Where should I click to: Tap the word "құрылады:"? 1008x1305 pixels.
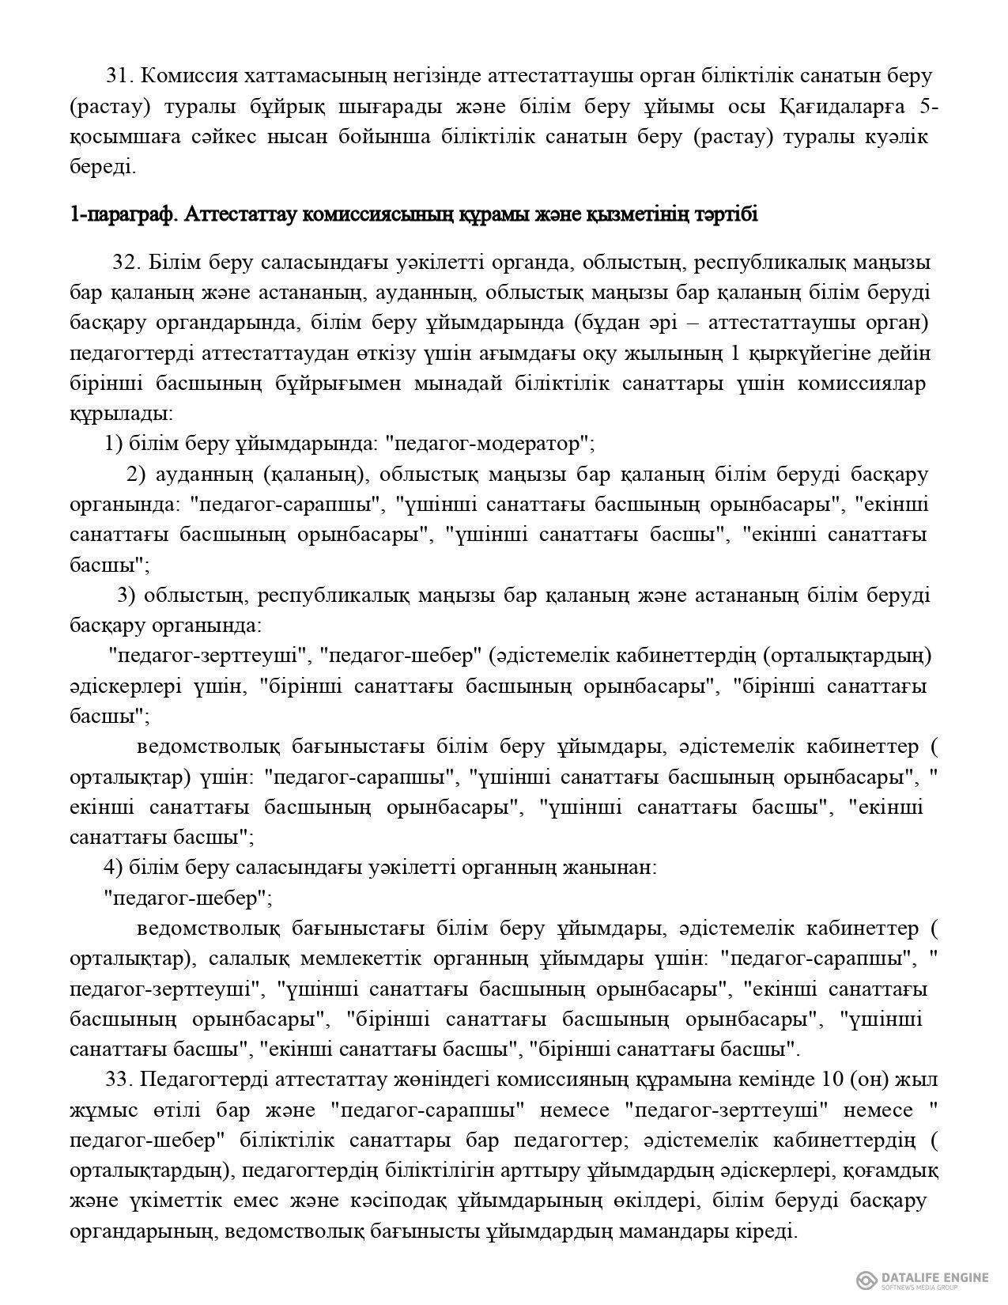click(121, 414)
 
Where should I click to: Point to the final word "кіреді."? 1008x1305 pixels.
click(764, 1231)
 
